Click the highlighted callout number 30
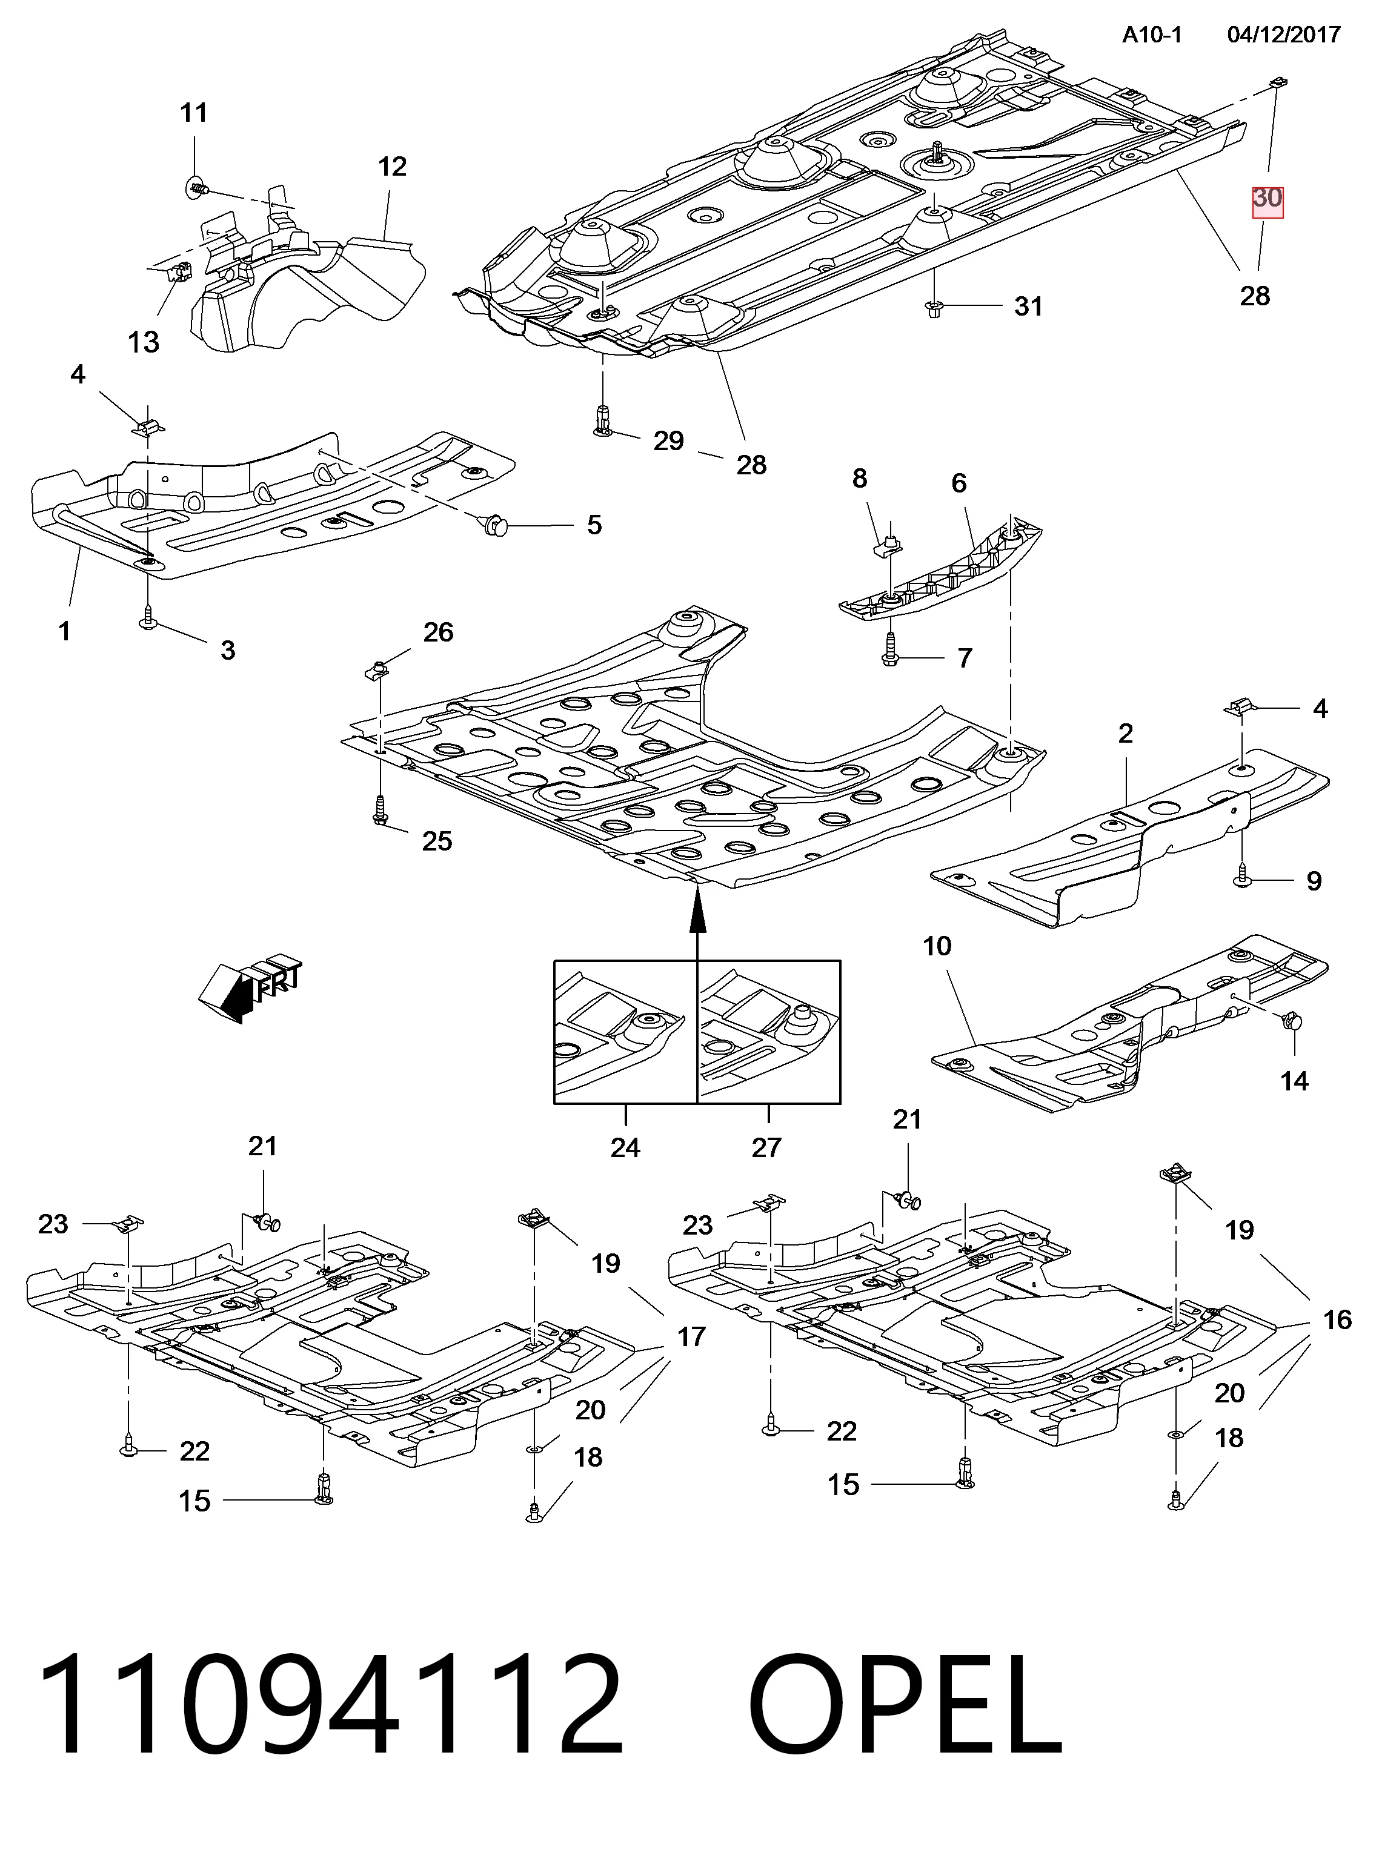[1267, 199]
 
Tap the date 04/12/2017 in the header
[1284, 35]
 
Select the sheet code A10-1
[1151, 35]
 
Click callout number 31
[1028, 307]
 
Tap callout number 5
[594, 525]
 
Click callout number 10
[937, 946]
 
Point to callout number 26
[438, 632]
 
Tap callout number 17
[691, 1337]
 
